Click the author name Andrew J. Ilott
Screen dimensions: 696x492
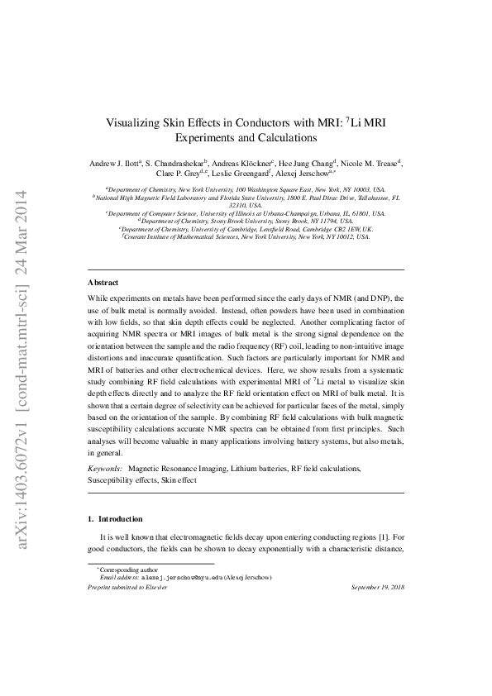[x=113, y=164]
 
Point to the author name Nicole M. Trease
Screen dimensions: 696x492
[x=368, y=164]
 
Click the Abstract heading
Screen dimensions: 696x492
[x=103, y=283]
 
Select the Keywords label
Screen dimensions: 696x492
[x=104, y=469]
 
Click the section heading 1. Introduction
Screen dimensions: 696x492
[x=115, y=519]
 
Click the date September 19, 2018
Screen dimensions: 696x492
[x=378, y=587]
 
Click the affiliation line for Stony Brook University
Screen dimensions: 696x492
[x=246, y=221]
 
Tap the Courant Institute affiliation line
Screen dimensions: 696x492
[x=246, y=236]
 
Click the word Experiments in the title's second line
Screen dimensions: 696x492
[x=213, y=138]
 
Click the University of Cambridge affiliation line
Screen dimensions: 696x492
[x=246, y=228]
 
